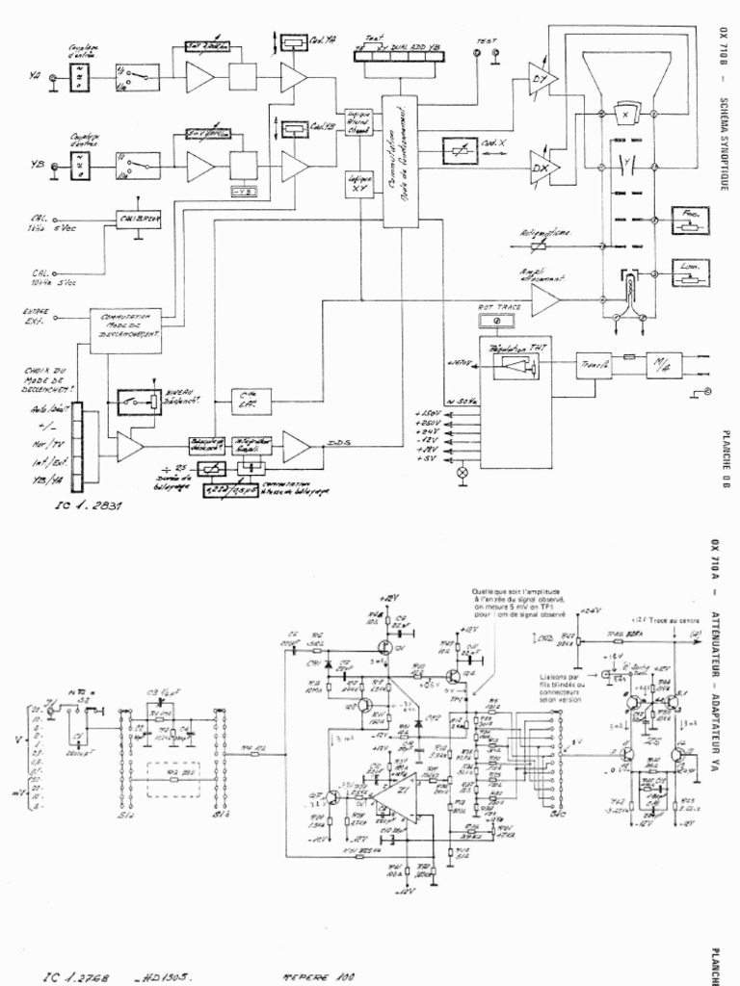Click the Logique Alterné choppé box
358,122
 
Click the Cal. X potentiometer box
466,151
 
